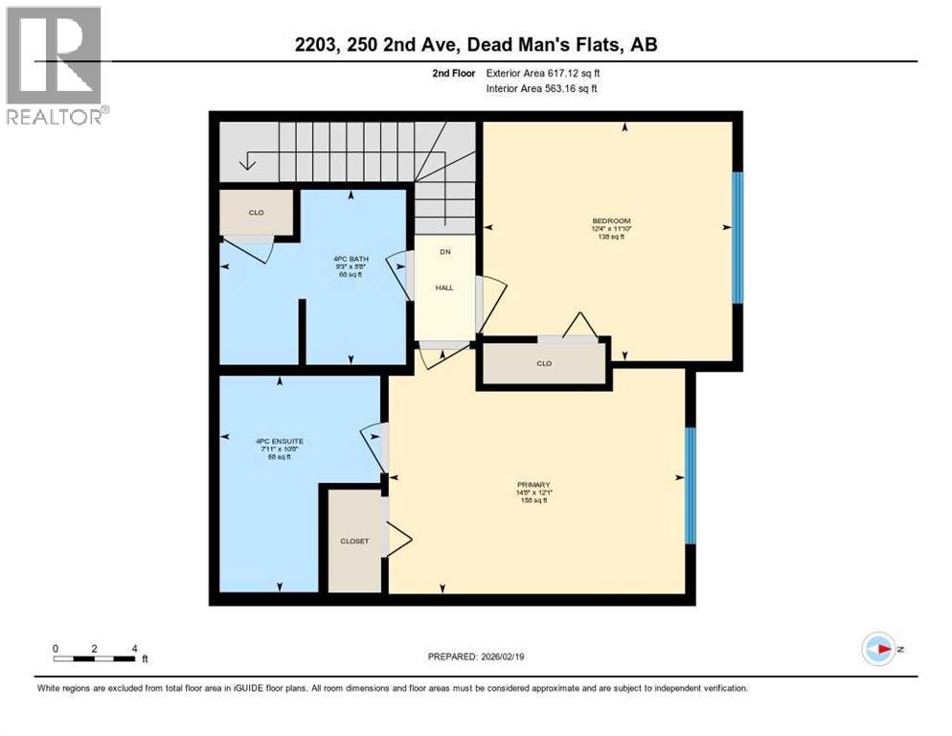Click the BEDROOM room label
611,220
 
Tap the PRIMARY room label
533,485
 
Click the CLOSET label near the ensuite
354,541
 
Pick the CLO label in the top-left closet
256,213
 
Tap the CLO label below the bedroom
544,364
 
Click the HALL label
444,287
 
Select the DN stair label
444,252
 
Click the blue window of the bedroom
737,238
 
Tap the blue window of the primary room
690,485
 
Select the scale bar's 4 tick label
133,648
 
